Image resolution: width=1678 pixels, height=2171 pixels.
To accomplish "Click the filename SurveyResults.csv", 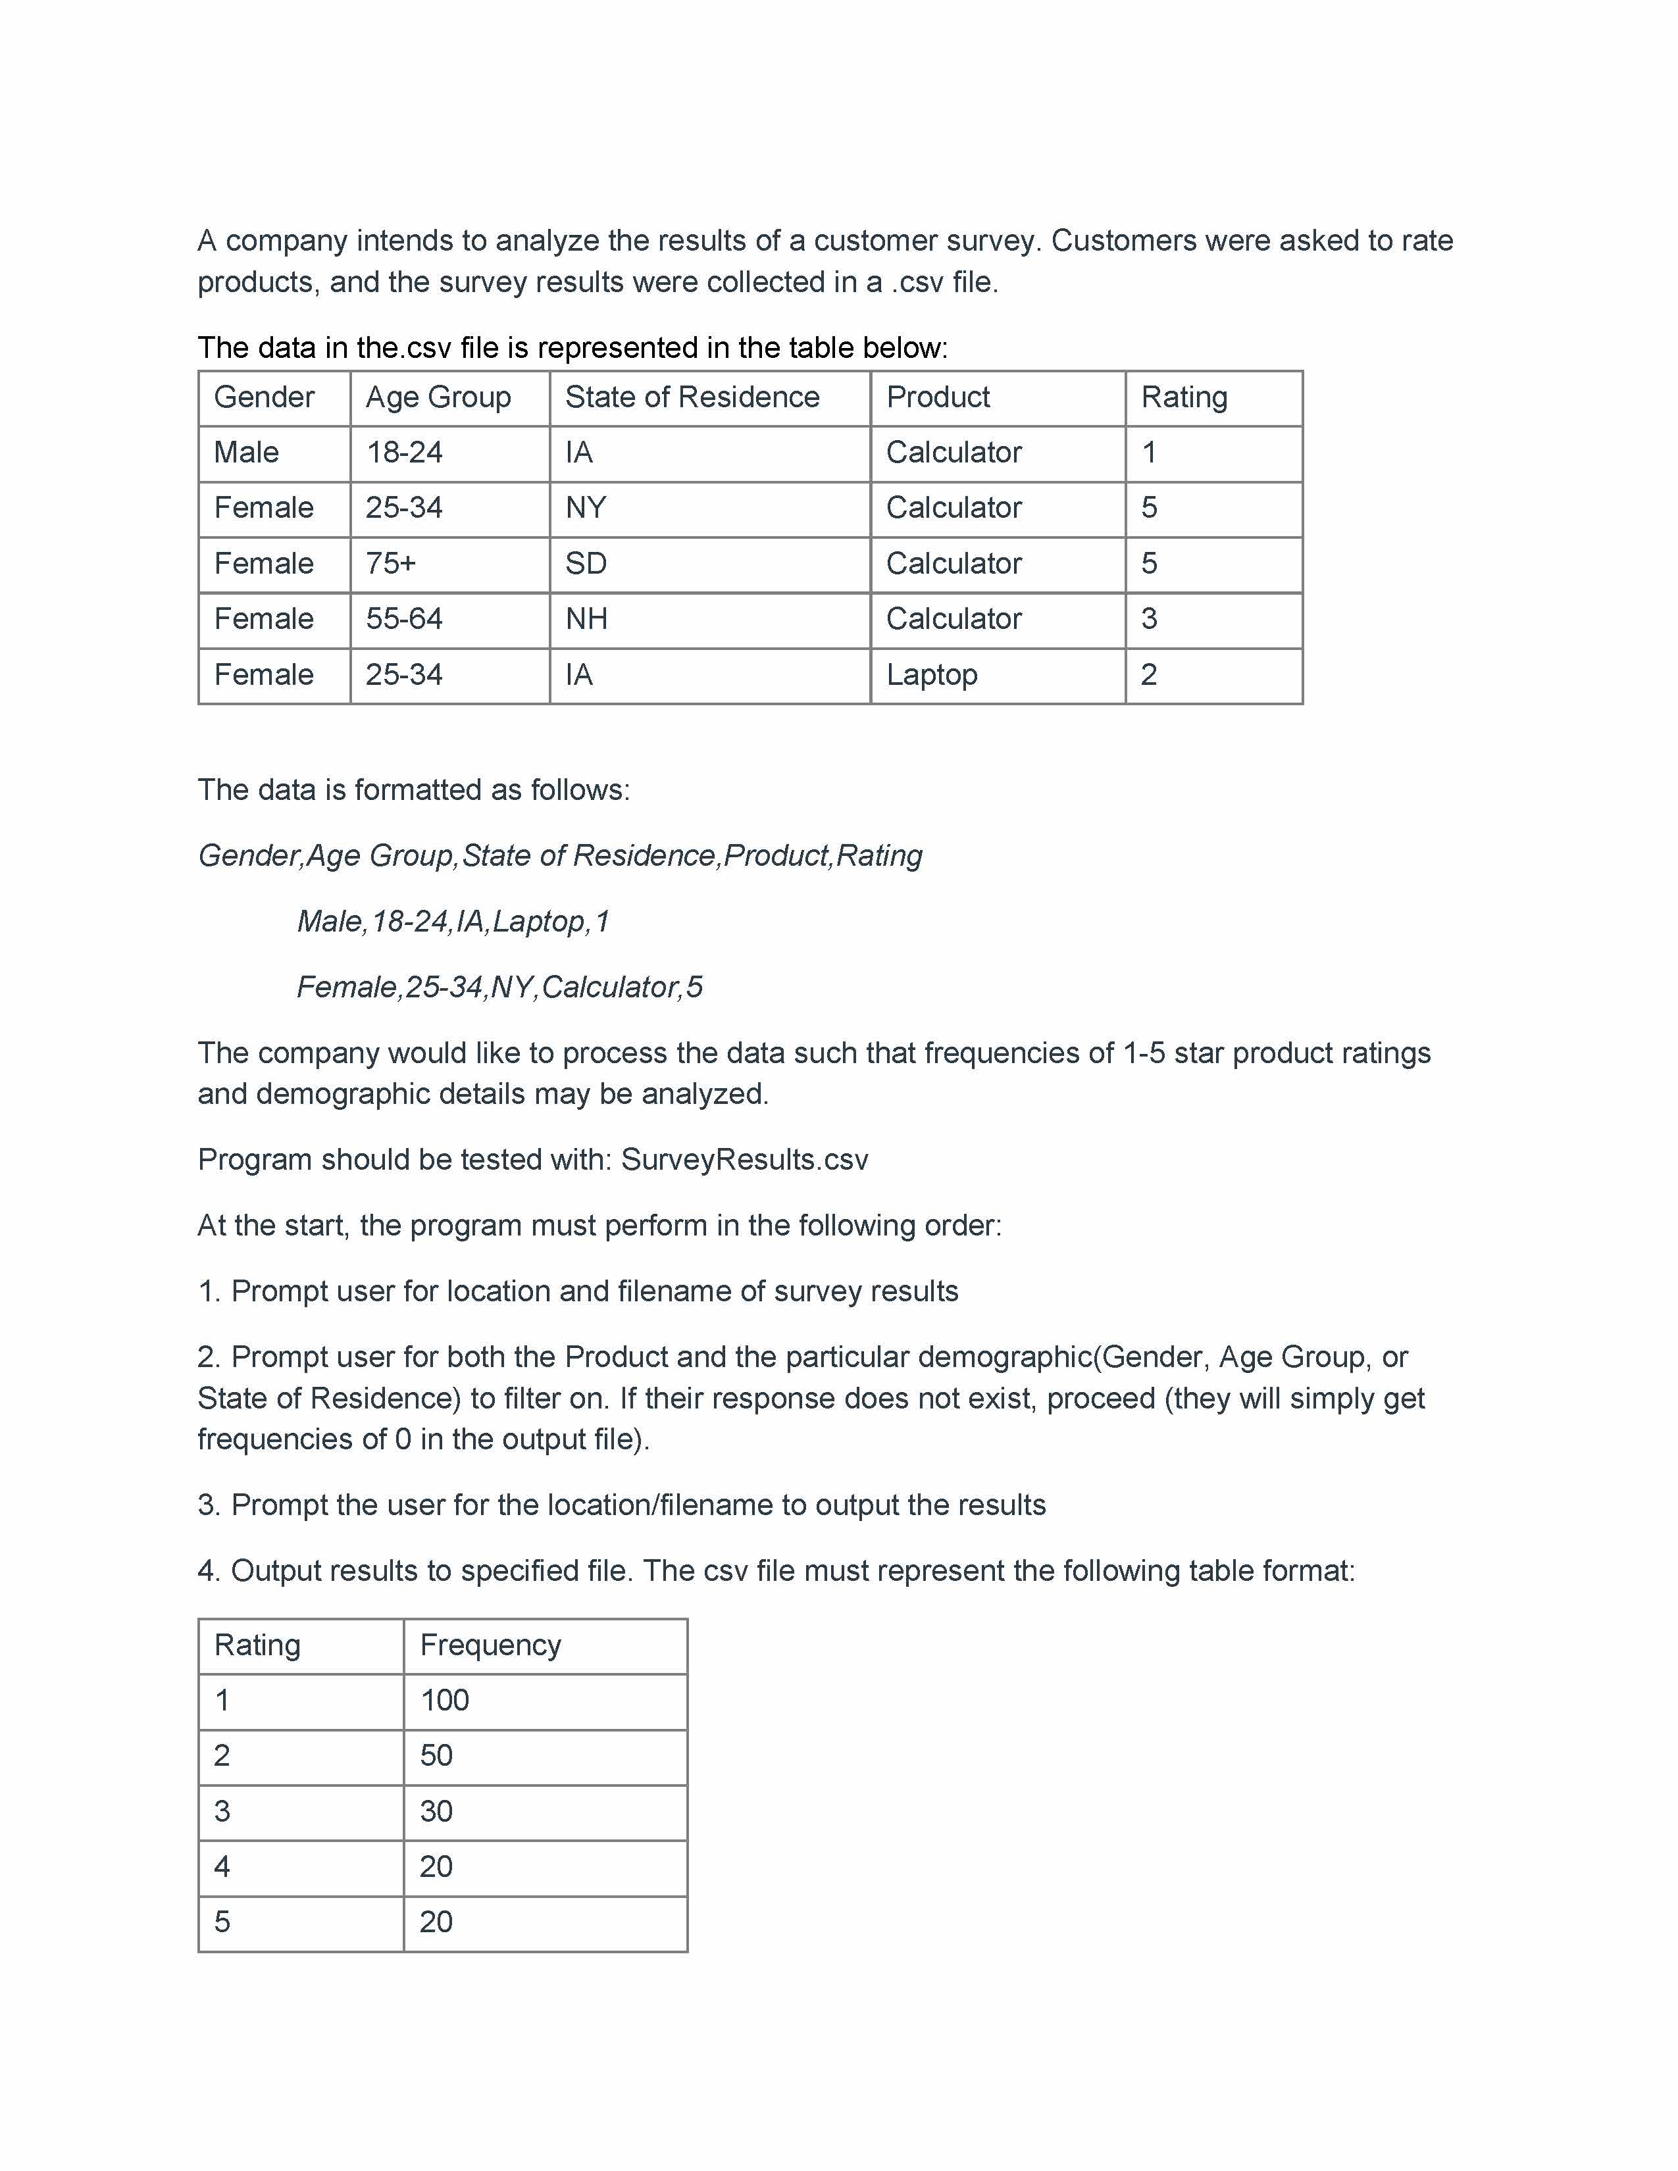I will (744, 1160).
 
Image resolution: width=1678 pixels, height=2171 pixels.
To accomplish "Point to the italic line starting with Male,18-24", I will (453, 922).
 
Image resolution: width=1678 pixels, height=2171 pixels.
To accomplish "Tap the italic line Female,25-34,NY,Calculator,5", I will (499, 987).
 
